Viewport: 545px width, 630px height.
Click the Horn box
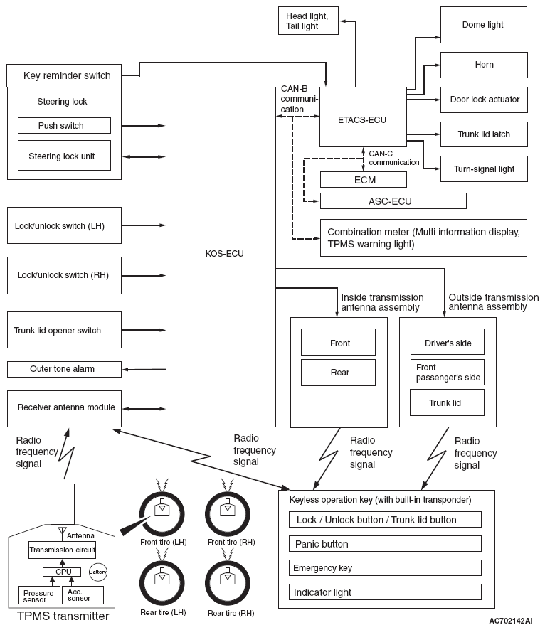(x=484, y=65)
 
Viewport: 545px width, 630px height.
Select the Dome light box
(x=484, y=24)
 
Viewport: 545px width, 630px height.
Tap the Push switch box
(x=64, y=125)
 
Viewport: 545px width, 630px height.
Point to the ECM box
(x=364, y=180)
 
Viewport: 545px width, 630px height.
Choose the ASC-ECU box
(x=393, y=201)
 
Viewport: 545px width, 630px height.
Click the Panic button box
(x=385, y=544)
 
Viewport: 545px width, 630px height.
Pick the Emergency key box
(x=385, y=567)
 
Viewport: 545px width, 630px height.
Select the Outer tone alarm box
(x=64, y=369)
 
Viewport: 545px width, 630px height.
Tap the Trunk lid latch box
(x=484, y=134)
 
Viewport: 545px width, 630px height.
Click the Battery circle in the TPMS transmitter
(x=98, y=572)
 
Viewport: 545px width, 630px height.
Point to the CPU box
(x=62, y=572)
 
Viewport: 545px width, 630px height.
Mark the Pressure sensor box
(x=39, y=595)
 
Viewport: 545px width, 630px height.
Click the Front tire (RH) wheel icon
(x=228, y=513)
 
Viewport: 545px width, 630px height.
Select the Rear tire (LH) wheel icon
(x=162, y=582)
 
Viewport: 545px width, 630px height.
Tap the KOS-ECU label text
(x=224, y=254)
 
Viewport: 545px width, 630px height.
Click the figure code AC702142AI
(x=510, y=621)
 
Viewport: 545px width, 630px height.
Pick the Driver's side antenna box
(x=448, y=342)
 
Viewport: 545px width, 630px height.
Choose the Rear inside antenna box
(x=338, y=373)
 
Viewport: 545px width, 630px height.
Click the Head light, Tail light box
(x=308, y=21)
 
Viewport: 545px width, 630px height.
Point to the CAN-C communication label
(x=394, y=158)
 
